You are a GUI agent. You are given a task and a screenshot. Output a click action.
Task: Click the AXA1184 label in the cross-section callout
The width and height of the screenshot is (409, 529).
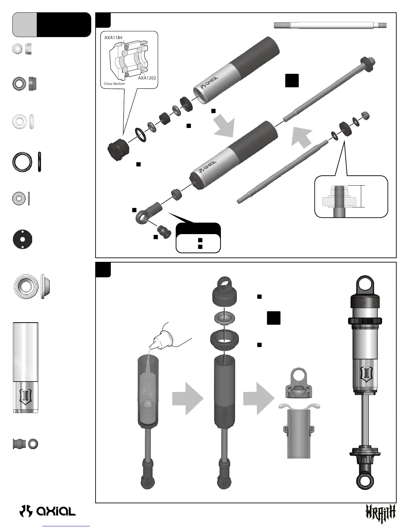113,38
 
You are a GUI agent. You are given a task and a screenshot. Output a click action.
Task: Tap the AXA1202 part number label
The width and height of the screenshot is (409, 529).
147,78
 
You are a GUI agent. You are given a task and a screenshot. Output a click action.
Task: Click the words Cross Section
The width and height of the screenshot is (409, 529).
114,83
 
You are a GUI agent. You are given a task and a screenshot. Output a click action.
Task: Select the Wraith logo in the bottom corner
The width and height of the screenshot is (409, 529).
380,511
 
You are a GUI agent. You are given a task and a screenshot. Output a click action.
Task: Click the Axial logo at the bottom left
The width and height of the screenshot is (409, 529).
48,511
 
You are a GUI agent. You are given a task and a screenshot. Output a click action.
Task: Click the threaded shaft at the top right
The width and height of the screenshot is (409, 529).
330,25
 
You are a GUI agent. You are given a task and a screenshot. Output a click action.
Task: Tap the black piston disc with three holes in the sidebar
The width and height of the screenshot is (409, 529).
22,239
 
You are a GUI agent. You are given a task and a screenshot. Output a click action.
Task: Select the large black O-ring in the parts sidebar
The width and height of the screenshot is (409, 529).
22,162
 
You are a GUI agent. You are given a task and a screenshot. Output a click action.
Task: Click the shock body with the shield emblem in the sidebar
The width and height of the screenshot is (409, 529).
26,367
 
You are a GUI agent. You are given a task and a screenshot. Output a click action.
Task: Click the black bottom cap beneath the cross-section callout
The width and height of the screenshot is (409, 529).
118,149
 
